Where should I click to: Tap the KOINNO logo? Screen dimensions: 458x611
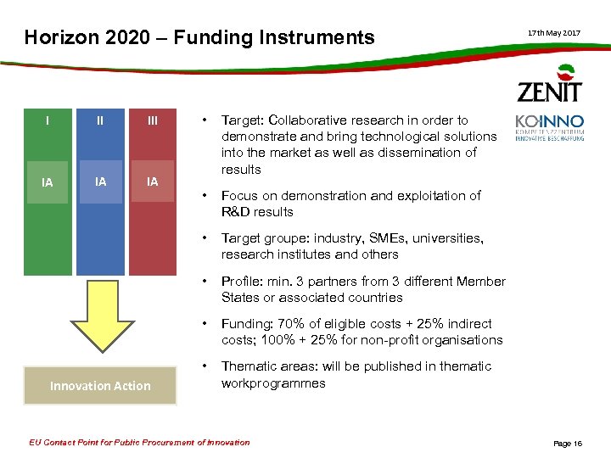pyautogui.click(x=549, y=127)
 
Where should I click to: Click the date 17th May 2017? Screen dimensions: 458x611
pyautogui.click(x=554, y=32)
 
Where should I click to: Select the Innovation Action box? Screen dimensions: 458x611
pyautogui.click(x=100, y=385)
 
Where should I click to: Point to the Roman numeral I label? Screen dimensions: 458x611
pyautogui.click(x=48, y=120)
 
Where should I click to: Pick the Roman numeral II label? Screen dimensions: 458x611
pyautogui.click(x=100, y=120)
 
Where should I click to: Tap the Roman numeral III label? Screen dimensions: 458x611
pyautogui.click(x=153, y=120)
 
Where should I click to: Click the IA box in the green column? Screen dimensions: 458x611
pyautogui.click(x=48, y=182)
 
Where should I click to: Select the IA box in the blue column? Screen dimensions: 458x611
pyautogui.click(x=100, y=181)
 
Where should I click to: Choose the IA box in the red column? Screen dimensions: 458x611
pyautogui.click(x=153, y=181)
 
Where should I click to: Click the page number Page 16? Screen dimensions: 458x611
pyautogui.click(x=568, y=443)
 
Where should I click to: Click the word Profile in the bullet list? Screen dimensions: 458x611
pyautogui.click(x=241, y=282)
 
